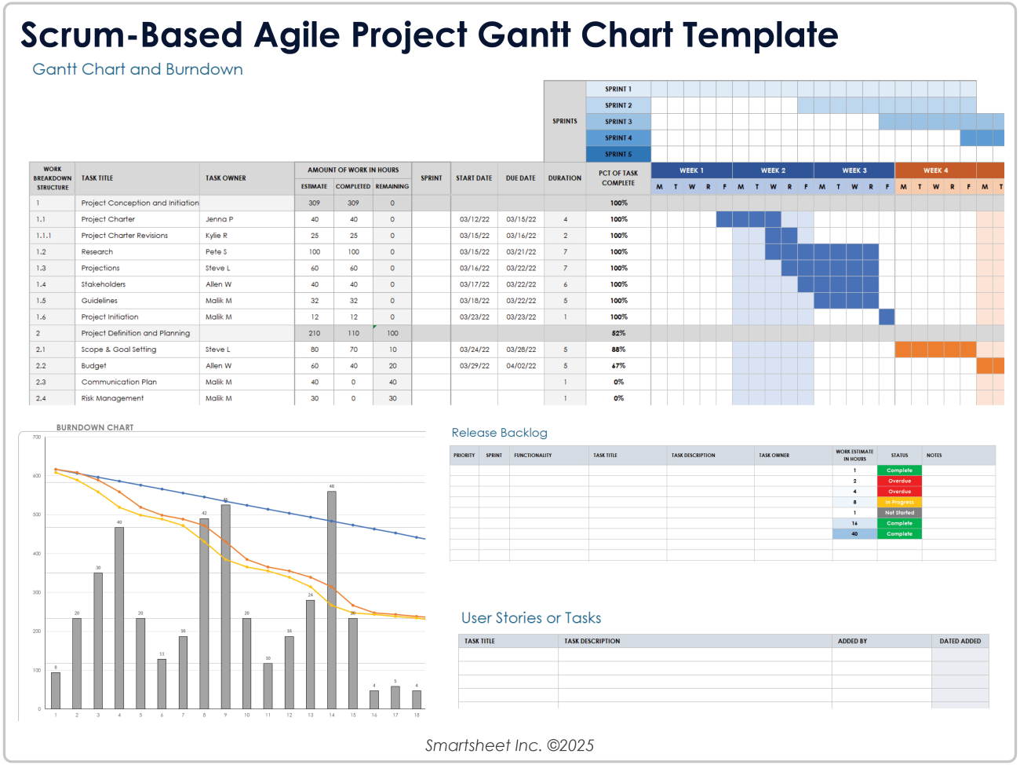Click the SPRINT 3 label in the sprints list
coord(617,122)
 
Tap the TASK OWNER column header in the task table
coord(226,178)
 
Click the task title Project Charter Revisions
coord(124,236)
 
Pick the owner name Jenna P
coord(219,219)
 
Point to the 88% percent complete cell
coord(618,350)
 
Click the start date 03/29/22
coord(474,366)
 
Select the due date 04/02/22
coord(521,366)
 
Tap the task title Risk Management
coord(112,398)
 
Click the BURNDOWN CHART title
coord(95,428)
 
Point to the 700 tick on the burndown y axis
coord(36,437)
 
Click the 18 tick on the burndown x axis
coord(417,716)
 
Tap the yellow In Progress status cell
coord(899,502)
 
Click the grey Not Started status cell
coord(899,513)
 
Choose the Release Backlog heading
coord(499,433)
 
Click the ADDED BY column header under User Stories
coord(852,641)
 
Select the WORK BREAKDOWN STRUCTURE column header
coord(53,178)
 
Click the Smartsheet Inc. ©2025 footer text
coord(509,745)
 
